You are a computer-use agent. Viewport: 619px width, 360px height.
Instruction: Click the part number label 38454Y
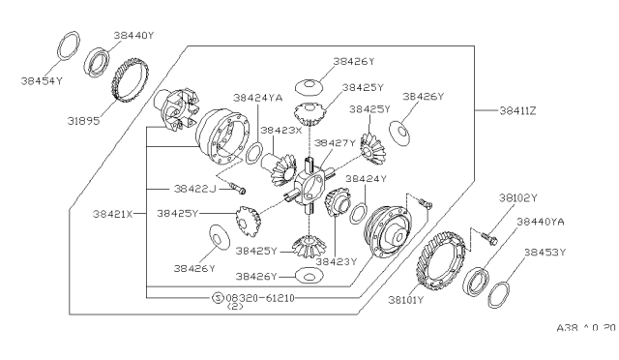coord(42,81)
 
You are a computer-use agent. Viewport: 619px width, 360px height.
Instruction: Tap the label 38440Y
coord(133,35)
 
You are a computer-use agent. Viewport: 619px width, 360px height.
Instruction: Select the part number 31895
coord(83,121)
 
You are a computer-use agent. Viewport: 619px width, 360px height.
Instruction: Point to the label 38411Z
coord(518,110)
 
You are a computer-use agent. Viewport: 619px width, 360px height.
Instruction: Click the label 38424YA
coord(258,98)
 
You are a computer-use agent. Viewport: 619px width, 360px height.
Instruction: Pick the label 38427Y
coord(335,143)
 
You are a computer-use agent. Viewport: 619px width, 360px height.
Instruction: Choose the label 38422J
coord(195,189)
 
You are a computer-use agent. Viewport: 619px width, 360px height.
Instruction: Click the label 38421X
coord(113,214)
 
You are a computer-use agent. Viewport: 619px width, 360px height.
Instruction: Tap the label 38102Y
coord(518,197)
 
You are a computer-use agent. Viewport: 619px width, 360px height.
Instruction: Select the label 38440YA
coord(541,222)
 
